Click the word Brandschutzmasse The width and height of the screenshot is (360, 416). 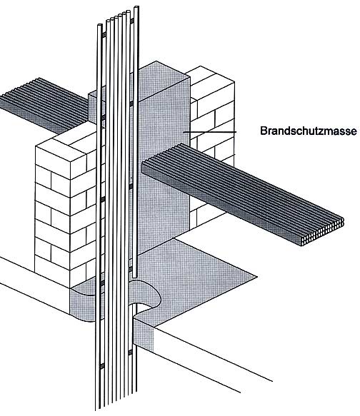tap(309, 131)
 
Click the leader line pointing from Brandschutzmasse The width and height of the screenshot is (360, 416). tap(209, 132)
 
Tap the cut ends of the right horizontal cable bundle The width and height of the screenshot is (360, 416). tap(323, 232)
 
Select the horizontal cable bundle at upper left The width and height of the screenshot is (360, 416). tap(44, 106)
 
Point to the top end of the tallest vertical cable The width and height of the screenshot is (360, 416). tap(136, 8)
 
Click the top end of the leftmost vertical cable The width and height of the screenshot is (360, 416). tap(99, 26)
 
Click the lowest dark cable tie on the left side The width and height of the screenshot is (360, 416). tap(101, 366)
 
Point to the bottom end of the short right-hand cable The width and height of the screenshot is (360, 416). tap(135, 276)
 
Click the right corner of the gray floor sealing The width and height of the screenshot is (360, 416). tap(256, 278)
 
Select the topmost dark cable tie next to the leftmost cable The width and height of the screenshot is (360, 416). tap(104, 35)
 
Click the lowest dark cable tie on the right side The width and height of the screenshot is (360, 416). tap(130, 352)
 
